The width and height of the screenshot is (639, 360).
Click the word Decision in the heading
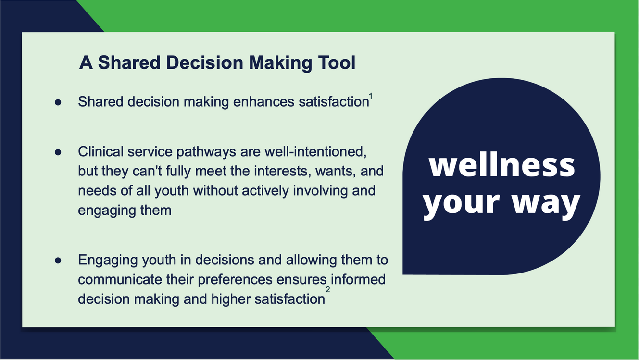pos(204,62)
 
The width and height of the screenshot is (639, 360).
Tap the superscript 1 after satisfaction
pos(371,97)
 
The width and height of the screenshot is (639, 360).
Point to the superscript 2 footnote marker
pos(328,289)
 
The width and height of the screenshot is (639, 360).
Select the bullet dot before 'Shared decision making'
pos(58,102)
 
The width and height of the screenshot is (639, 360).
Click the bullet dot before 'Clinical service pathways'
pos(58,152)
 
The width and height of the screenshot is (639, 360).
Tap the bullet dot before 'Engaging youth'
pos(58,261)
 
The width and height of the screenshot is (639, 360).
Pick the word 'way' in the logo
pos(546,203)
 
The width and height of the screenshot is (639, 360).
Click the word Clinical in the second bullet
pos(100,151)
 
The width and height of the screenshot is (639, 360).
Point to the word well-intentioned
pos(315,151)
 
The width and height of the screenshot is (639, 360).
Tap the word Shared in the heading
pos(129,62)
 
